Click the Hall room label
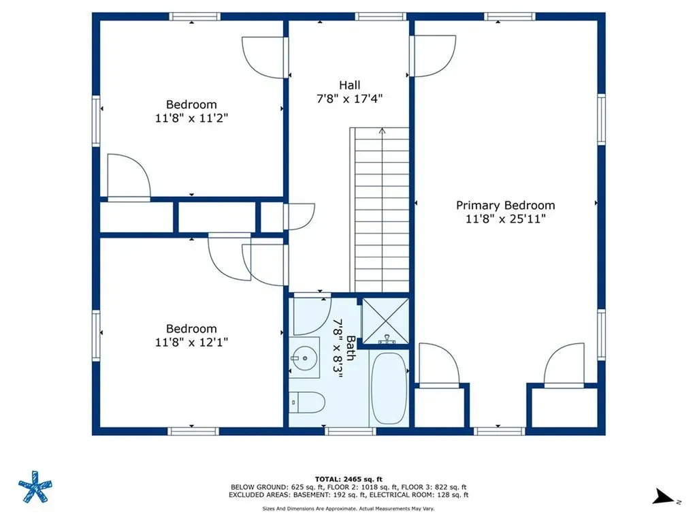pos(350,85)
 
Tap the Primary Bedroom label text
pos(505,205)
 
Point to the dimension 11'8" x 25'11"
pos(505,219)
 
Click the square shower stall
pos(385,321)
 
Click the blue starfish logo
pos(35,487)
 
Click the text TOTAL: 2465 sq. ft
pos(348,479)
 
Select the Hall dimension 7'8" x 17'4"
pos(350,98)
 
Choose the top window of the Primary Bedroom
pos(510,16)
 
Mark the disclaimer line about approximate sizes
pos(348,509)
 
